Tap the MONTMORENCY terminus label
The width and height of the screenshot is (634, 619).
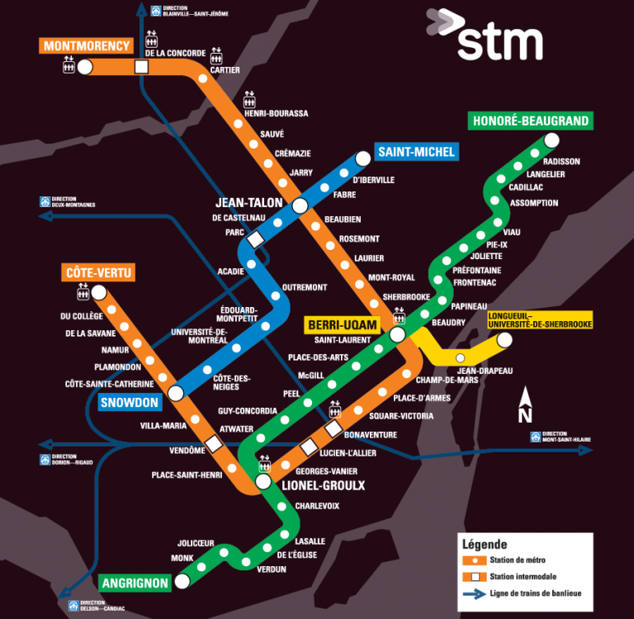click(87, 45)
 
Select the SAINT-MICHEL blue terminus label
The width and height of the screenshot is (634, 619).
click(415, 152)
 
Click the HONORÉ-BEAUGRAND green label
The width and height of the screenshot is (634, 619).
click(531, 121)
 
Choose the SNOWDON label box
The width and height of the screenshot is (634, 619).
click(129, 403)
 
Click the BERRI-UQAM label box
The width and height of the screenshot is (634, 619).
click(342, 325)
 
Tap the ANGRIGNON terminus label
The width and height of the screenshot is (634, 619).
click(135, 584)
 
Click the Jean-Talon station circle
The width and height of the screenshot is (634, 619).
click(300, 206)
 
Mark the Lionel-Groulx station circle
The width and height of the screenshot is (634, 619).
click(263, 480)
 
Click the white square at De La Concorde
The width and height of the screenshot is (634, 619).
click(141, 67)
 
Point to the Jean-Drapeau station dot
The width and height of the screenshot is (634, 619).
click(460, 358)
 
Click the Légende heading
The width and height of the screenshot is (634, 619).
click(485, 545)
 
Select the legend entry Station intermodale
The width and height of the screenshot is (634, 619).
click(521, 576)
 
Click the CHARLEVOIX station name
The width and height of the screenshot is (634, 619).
click(317, 506)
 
